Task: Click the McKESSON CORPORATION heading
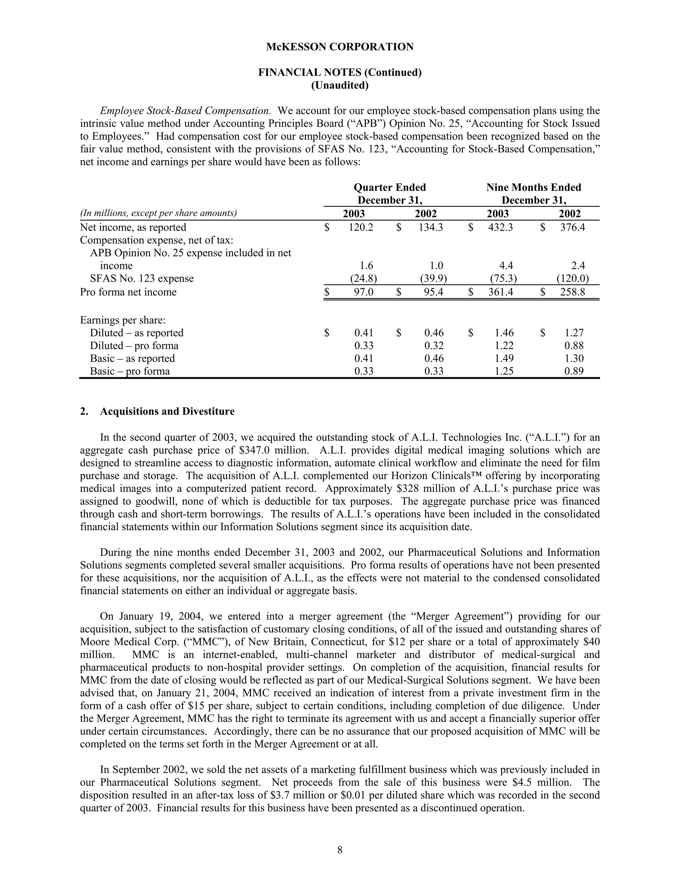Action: pyautogui.click(x=340, y=47)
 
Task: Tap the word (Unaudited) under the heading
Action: pyautogui.click(x=340, y=85)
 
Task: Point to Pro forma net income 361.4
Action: pyautogui.click(x=500, y=292)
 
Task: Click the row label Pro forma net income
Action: pyautogui.click(x=128, y=292)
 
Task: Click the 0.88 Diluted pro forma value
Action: pyautogui.click(x=574, y=346)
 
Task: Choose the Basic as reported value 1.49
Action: pyautogui.click(x=504, y=359)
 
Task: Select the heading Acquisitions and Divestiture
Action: pyautogui.click(x=167, y=411)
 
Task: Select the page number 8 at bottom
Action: pyautogui.click(x=340, y=850)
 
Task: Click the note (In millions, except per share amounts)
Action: pyautogui.click(x=158, y=213)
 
